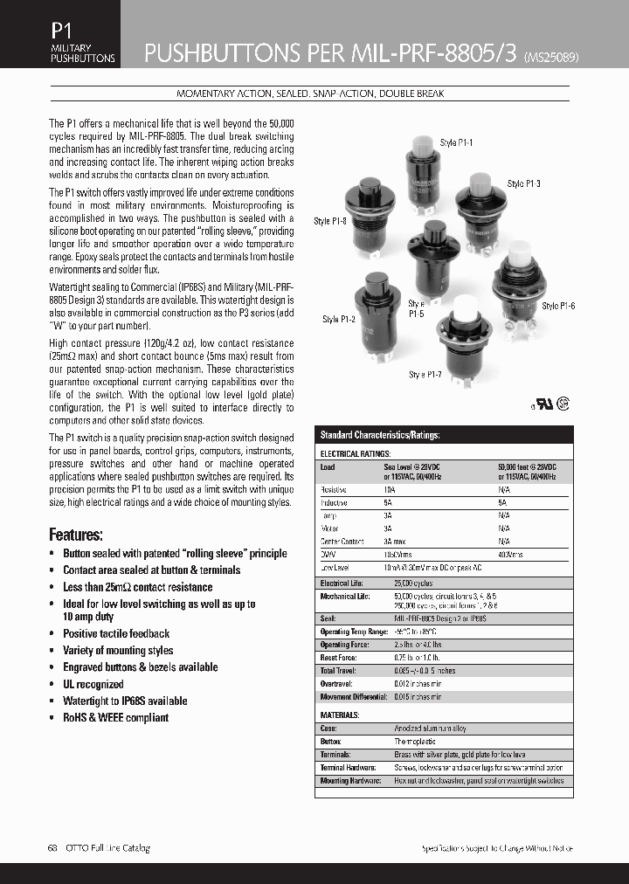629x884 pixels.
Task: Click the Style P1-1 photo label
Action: (x=456, y=142)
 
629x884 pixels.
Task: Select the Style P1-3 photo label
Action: (x=524, y=184)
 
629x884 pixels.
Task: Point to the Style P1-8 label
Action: (x=330, y=222)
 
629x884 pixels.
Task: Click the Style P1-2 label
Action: (x=339, y=320)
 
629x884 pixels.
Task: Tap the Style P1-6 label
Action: (x=558, y=306)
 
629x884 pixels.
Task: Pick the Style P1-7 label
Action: (x=426, y=374)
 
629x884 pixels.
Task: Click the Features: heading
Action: (x=76, y=535)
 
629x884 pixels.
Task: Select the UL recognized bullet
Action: (x=93, y=684)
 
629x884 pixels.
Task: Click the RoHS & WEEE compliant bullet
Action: (x=115, y=717)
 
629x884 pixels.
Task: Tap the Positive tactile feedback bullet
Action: (x=116, y=633)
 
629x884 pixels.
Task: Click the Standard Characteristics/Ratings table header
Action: (x=380, y=435)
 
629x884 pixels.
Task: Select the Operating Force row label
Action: (x=348, y=645)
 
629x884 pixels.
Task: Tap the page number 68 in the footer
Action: (x=52, y=848)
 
